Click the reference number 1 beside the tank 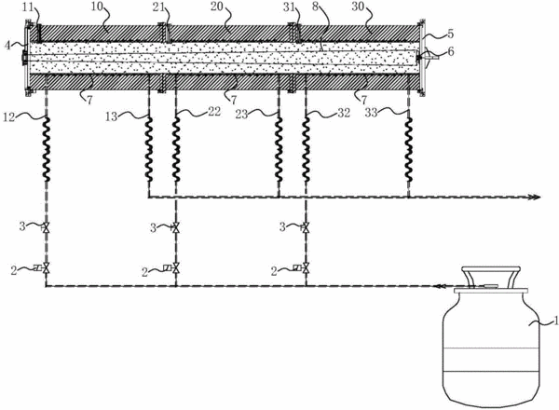(x=555, y=321)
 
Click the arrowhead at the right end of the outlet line (x=535, y=198)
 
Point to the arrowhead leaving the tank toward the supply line (x=438, y=286)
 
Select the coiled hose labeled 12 (x=47, y=148)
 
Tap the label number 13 (x=111, y=116)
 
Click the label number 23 (x=241, y=115)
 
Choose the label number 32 (x=343, y=113)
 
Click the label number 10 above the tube (x=97, y=7)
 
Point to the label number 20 (x=217, y=7)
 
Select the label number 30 (x=358, y=7)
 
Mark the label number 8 (x=315, y=7)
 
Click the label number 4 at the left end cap (x=7, y=46)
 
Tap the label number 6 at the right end (x=451, y=51)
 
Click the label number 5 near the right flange (x=451, y=34)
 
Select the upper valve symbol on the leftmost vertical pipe (x=46, y=227)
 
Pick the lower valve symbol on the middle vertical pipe (x=176, y=268)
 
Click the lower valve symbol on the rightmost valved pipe (x=306, y=268)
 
